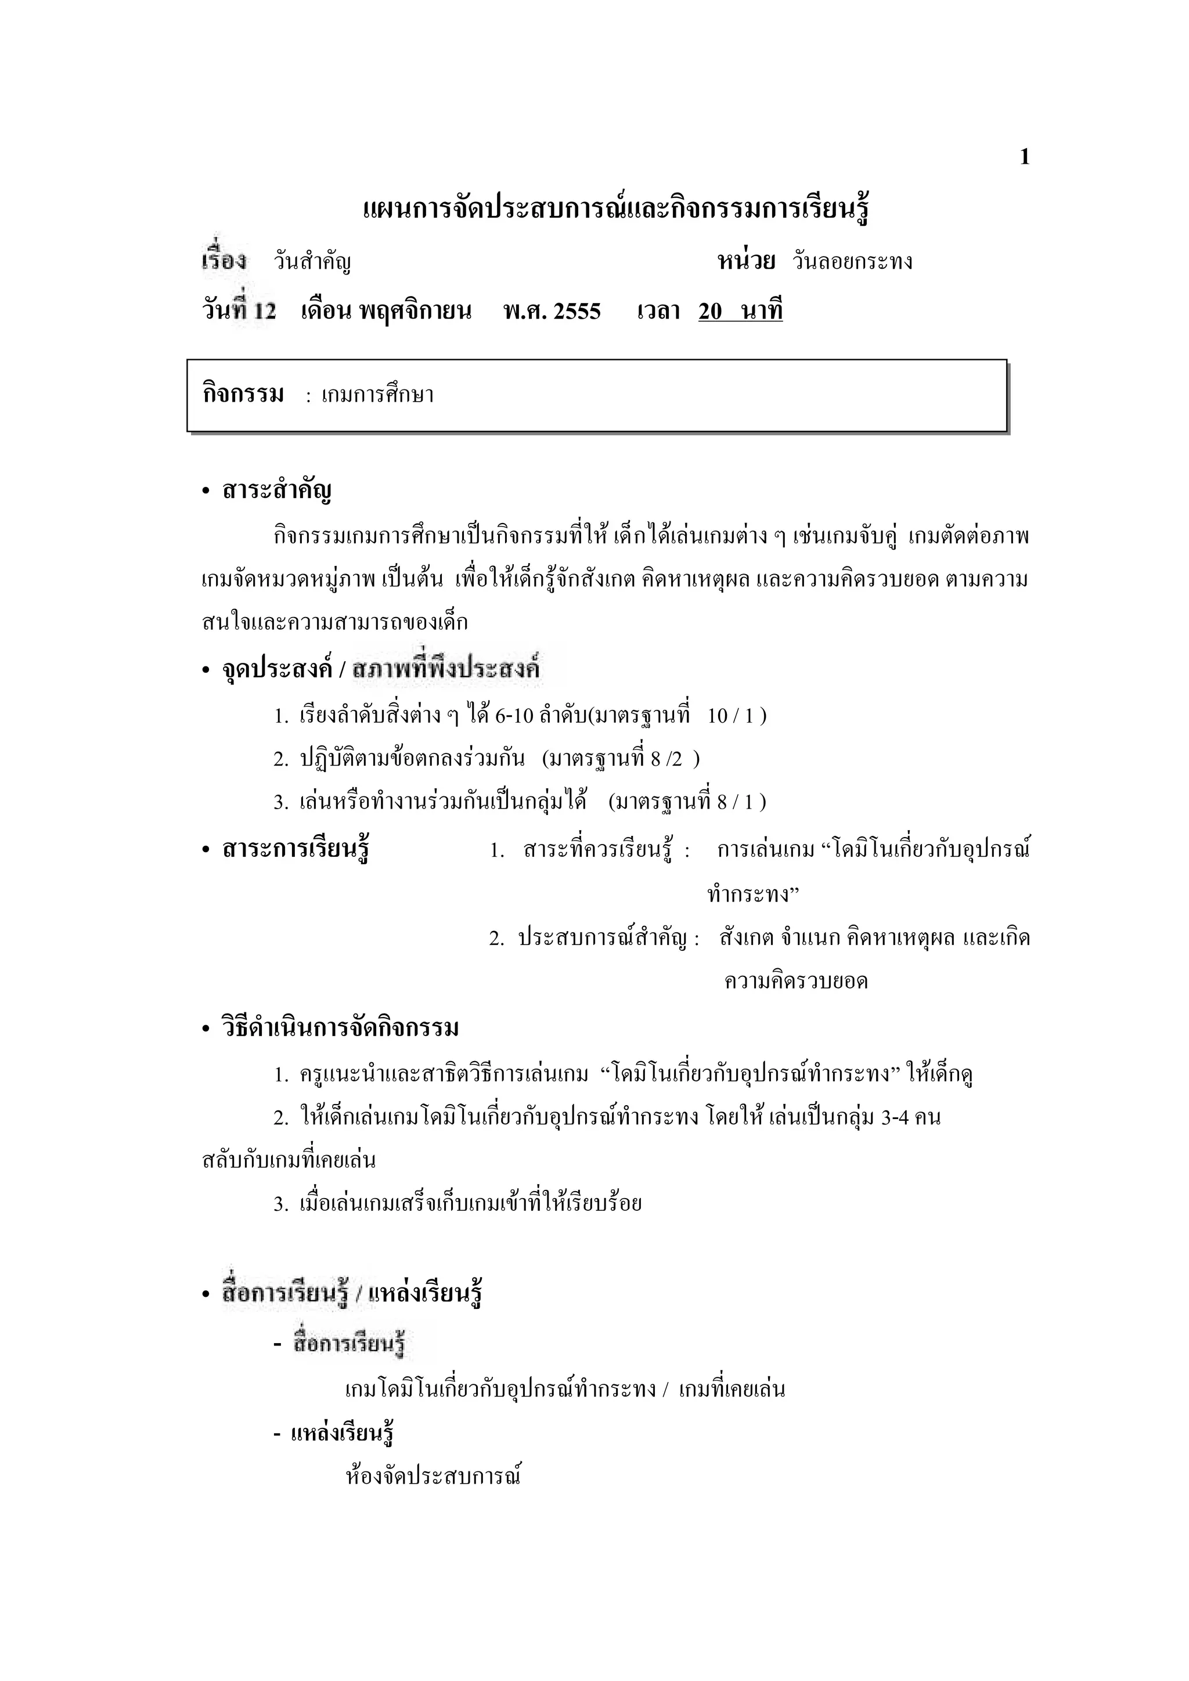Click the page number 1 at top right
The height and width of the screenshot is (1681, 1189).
pyautogui.click(x=1024, y=157)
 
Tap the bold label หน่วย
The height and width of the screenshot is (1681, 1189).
pyautogui.click(x=746, y=261)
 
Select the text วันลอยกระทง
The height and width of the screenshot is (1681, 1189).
pyautogui.click(x=853, y=262)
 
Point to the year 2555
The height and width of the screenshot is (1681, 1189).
pyautogui.click(x=577, y=312)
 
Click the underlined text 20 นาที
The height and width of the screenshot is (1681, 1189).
pyautogui.click(x=740, y=312)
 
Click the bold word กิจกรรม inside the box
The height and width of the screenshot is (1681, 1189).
pyautogui.click(x=243, y=395)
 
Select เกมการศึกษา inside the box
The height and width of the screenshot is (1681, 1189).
pyautogui.click(x=378, y=395)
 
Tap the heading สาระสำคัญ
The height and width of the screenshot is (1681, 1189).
pyautogui.click(x=277, y=490)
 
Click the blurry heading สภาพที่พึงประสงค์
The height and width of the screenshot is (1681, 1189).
pyautogui.click(x=446, y=669)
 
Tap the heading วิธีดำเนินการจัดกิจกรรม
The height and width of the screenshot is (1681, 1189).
pyautogui.click(x=340, y=1028)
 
